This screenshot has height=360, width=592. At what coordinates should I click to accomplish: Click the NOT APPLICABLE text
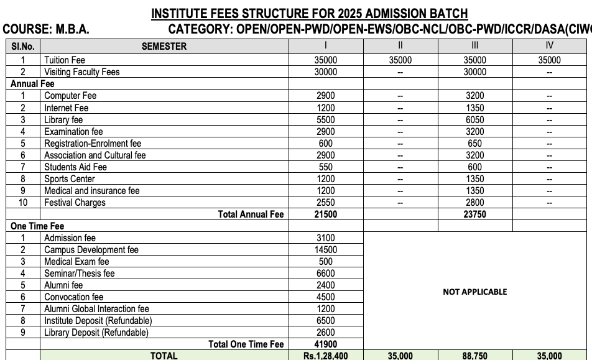click(474, 292)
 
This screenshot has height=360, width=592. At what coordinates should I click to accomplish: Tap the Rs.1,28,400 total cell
click(326, 356)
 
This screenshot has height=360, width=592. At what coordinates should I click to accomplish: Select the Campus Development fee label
click(91, 250)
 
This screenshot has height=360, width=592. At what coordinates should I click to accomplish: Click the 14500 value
click(326, 250)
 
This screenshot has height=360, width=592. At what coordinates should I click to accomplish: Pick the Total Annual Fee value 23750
click(475, 215)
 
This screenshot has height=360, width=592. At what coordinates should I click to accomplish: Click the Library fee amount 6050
click(475, 120)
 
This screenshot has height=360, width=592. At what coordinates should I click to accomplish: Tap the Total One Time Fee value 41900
click(326, 344)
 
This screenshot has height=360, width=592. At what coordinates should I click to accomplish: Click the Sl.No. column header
click(23, 46)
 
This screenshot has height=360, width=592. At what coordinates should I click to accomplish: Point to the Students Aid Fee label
click(75, 167)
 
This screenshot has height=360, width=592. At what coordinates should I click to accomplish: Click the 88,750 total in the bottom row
click(475, 356)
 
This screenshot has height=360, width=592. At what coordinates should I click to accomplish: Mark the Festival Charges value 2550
click(326, 203)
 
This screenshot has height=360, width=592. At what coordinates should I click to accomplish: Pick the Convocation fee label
click(73, 297)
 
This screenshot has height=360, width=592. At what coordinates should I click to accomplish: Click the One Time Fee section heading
click(37, 226)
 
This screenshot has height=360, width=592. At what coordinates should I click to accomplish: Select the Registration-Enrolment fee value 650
click(475, 144)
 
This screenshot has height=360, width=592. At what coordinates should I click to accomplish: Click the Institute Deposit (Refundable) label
click(98, 321)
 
